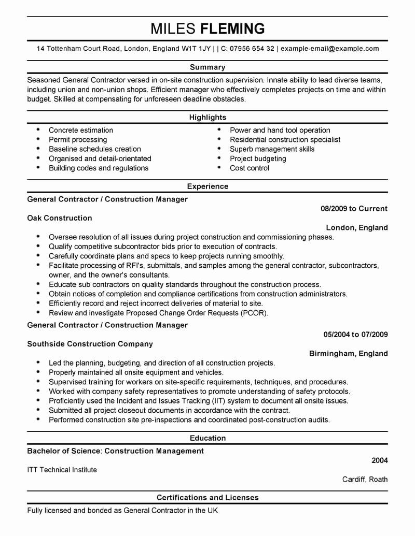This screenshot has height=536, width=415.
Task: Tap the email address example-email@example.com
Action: [x=330, y=49]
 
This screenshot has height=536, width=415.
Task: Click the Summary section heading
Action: [x=208, y=67]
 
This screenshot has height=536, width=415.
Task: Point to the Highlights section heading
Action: [x=208, y=118]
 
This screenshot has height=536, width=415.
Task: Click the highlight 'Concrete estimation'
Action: [x=80, y=130]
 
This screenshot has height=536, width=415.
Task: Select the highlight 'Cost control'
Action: [x=250, y=168]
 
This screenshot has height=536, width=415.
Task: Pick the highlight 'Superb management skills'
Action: [x=272, y=149]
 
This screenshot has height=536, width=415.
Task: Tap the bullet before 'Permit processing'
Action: [x=38, y=140]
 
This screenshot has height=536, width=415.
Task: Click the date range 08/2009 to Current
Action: [x=354, y=209]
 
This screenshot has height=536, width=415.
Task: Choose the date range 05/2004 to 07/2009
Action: [x=355, y=335]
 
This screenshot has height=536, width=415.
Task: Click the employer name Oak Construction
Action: [x=60, y=218]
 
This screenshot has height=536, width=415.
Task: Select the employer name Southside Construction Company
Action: [x=90, y=344]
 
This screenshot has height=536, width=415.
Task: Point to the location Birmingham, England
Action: [x=348, y=353]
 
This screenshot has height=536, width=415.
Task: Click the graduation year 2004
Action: [x=379, y=460]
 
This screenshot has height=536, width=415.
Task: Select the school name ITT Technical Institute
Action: [x=62, y=470]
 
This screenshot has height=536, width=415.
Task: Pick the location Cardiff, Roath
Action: [x=365, y=479]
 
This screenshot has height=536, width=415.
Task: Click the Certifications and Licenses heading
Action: [x=208, y=498]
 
